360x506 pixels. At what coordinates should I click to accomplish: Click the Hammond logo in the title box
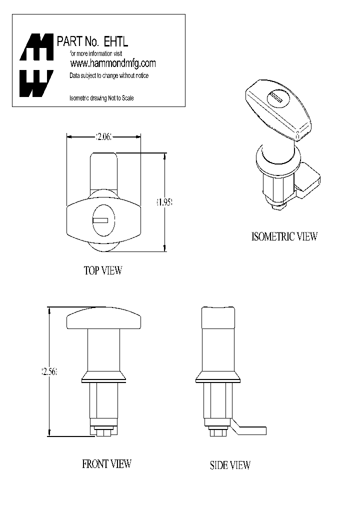coord(36,65)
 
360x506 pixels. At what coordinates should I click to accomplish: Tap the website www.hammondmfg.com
coord(113,63)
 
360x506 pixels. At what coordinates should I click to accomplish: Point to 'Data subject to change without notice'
coord(108,75)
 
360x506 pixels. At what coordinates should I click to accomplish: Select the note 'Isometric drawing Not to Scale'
coord(101,98)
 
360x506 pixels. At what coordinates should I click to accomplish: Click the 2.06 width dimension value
coord(103,136)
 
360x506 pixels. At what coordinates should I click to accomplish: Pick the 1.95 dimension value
coord(164,202)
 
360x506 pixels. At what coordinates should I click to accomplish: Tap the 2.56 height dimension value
coord(49,372)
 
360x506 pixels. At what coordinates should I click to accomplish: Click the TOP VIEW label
coord(102,270)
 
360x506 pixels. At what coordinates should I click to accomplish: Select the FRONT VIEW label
coord(106,464)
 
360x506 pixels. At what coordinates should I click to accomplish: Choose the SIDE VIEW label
coord(230,465)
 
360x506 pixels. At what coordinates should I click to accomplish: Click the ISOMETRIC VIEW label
coord(284,236)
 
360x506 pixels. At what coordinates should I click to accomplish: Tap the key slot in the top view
coord(100,220)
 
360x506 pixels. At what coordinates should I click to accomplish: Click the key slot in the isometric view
coord(276,98)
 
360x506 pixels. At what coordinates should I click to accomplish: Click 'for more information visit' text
coord(95,53)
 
